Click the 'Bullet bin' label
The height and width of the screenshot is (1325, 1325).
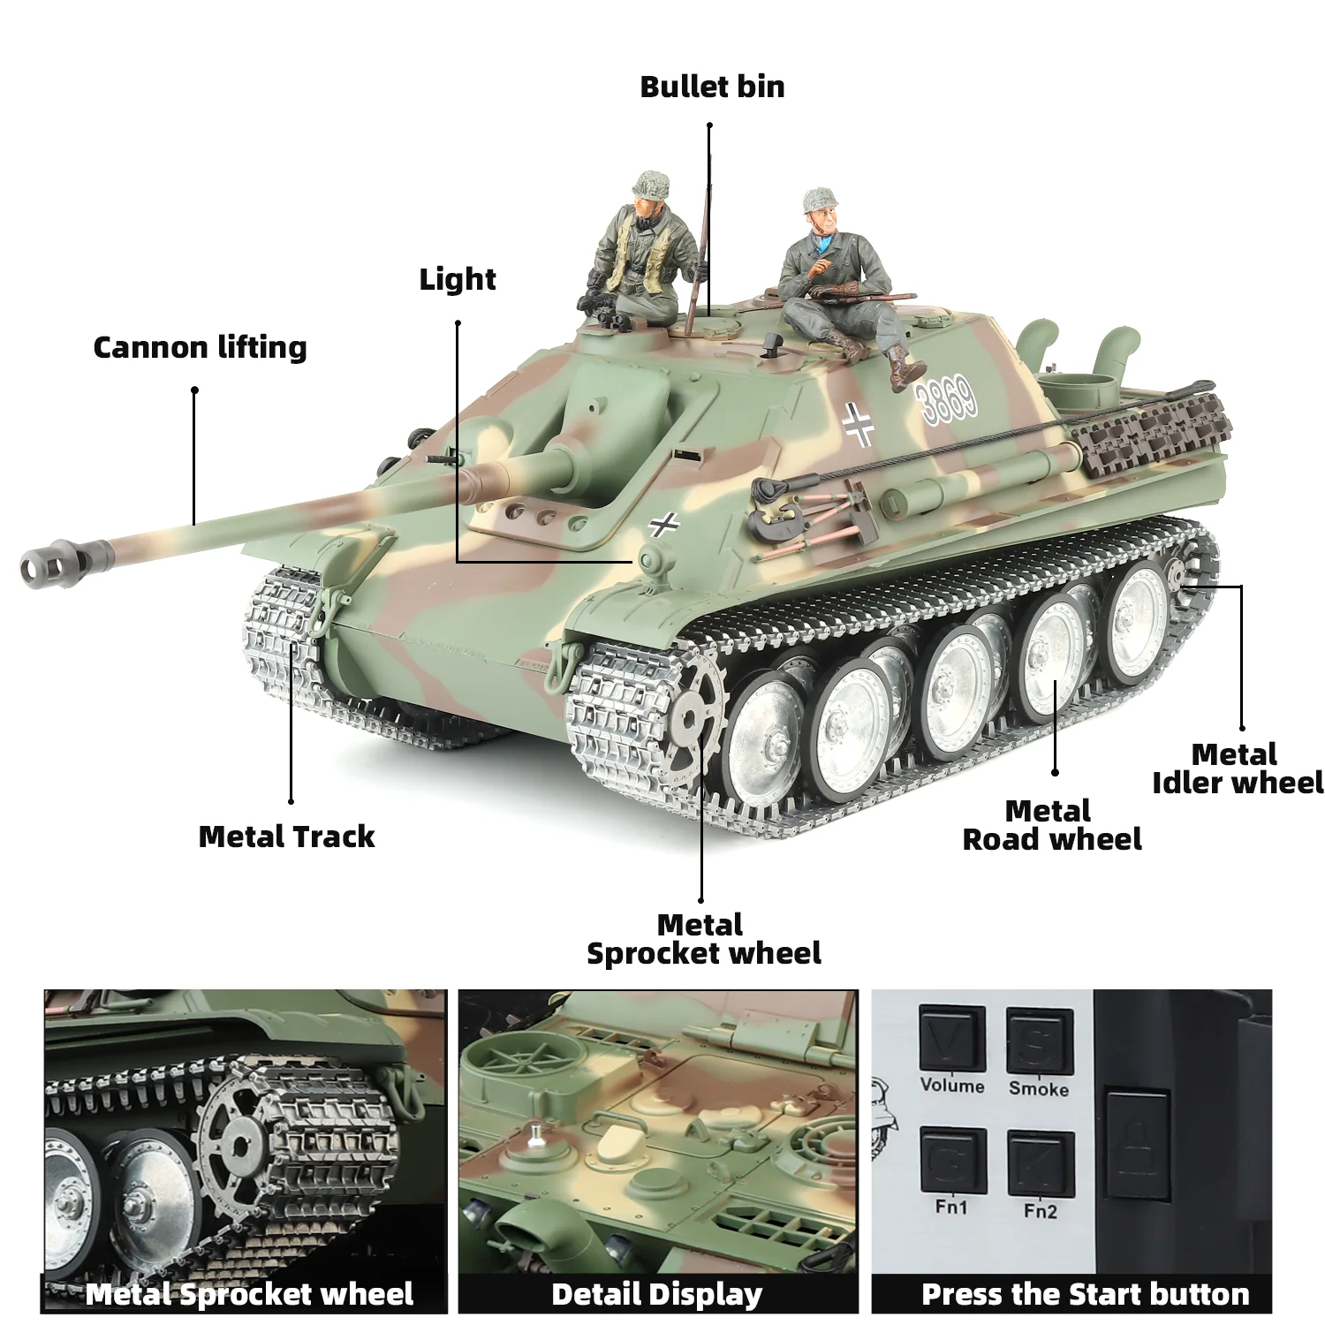coord(712,87)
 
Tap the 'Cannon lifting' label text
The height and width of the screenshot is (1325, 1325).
coord(200,347)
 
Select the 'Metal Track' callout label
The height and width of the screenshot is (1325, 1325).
coord(286,837)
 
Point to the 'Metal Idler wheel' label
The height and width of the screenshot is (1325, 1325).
coord(1237,768)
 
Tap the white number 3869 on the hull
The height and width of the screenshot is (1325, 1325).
coord(948,398)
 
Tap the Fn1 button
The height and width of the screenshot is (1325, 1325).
coord(951,1162)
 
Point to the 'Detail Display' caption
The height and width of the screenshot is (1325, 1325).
coord(656,1294)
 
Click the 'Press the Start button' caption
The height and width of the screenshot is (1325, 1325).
coord(1085,1294)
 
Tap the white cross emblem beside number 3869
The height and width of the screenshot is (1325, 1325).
coord(858,424)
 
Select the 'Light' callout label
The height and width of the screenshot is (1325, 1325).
coord(457,279)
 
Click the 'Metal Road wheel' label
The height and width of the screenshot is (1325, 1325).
coord(1051,825)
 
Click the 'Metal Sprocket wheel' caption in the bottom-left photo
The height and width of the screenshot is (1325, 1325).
coord(249,1294)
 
